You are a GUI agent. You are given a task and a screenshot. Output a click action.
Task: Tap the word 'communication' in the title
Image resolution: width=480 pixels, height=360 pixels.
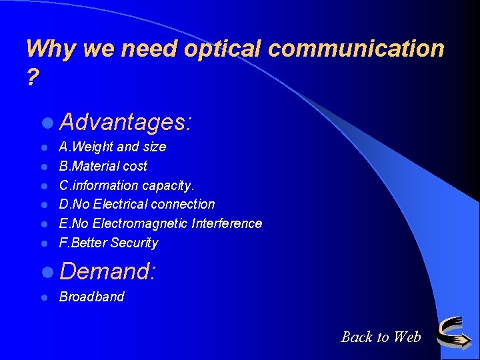pyautogui.click(x=360, y=49)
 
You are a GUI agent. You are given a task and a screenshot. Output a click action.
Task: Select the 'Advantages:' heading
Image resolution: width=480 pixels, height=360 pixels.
pyautogui.click(x=125, y=122)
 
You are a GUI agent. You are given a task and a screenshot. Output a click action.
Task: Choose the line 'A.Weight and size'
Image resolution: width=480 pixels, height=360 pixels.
pyautogui.click(x=113, y=147)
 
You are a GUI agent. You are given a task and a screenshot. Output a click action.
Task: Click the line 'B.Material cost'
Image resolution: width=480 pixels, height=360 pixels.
pyautogui.click(x=103, y=166)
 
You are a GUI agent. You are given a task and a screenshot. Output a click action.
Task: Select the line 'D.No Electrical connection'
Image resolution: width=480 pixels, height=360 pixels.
pyautogui.click(x=137, y=204)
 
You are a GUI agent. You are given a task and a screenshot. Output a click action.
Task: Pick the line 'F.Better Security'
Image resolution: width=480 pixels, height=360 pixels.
pyautogui.click(x=109, y=243)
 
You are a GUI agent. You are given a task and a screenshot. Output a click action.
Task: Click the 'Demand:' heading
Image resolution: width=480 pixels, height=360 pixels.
pyautogui.click(x=107, y=271)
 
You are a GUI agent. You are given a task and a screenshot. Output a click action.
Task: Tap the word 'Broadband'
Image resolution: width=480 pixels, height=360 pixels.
pyautogui.click(x=92, y=297)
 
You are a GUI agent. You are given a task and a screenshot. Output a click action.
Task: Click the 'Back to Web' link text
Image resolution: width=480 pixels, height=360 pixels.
pyautogui.click(x=381, y=337)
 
